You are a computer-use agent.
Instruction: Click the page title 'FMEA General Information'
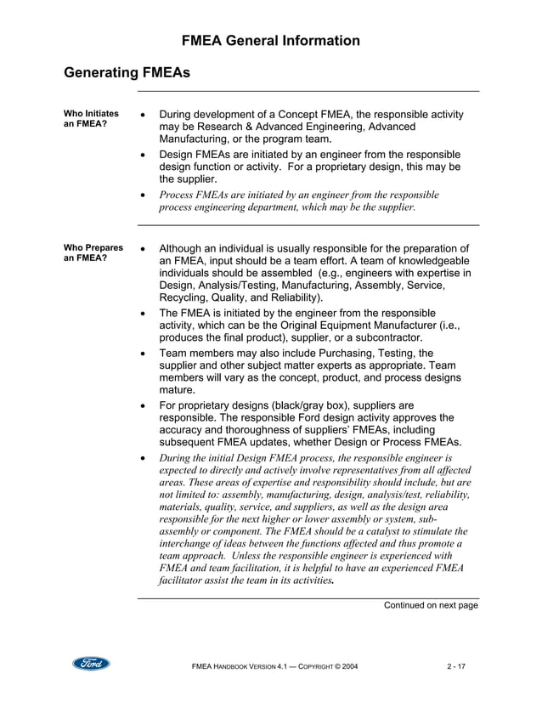pyautogui.click(x=271, y=41)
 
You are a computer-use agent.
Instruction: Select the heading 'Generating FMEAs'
pyautogui.click(x=127, y=74)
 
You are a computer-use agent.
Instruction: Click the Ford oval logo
pyautogui.click(x=90, y=663)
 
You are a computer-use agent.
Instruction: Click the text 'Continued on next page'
pyautogui.click(x=431, y=605)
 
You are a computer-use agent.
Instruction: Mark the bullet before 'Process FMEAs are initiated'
pyautogui.click(x=143, y=195)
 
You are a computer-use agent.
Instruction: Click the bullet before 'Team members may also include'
pyautogui.click(x=143, y=354)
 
